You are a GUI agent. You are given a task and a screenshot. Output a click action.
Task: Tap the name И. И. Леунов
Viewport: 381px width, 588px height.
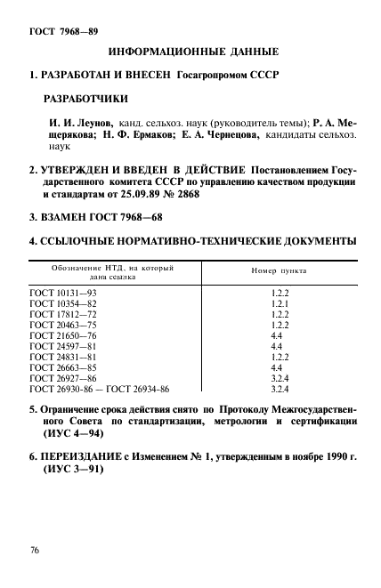click(x=84, y=123)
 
